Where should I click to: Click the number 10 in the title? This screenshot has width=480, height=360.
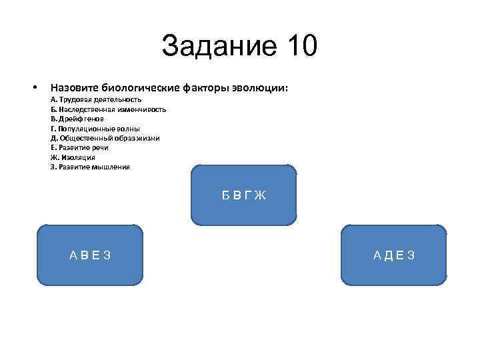(301, 47)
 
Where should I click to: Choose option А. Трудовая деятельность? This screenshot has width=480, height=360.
(95, 99)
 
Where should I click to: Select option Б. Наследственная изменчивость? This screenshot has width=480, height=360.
(108, 109)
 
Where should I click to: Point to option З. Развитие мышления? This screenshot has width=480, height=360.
(90, 167)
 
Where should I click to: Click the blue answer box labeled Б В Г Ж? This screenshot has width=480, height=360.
(243, 195)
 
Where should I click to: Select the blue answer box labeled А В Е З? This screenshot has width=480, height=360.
(90, 255)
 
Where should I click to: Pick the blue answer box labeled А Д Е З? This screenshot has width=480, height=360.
(394, 255)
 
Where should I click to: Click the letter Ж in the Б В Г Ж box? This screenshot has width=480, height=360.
(260, 195)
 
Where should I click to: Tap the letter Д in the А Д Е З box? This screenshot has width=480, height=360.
(388, 255)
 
